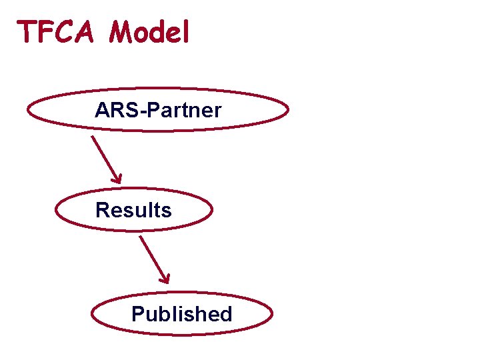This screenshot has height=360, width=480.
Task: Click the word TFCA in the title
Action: coord(59,31)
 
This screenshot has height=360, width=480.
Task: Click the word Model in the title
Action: coord(150,31)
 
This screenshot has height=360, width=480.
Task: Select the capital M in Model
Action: coord(123,31)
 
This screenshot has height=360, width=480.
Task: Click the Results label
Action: coord(133,210)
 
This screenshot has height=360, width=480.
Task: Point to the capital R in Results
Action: coord(102,210)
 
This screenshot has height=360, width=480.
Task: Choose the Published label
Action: coord(181,313)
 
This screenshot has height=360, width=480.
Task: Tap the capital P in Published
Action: coord(138,313)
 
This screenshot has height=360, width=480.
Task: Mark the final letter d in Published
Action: coord(225,313)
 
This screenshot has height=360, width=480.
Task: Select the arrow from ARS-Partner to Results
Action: coord(106,159)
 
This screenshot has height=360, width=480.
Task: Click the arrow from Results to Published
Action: coord(154,259)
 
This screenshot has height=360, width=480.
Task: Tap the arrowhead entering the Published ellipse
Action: coord(167,279)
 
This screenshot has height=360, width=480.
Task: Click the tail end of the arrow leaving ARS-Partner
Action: coord(92,137)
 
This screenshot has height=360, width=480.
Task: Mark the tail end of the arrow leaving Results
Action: coord(140,237)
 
